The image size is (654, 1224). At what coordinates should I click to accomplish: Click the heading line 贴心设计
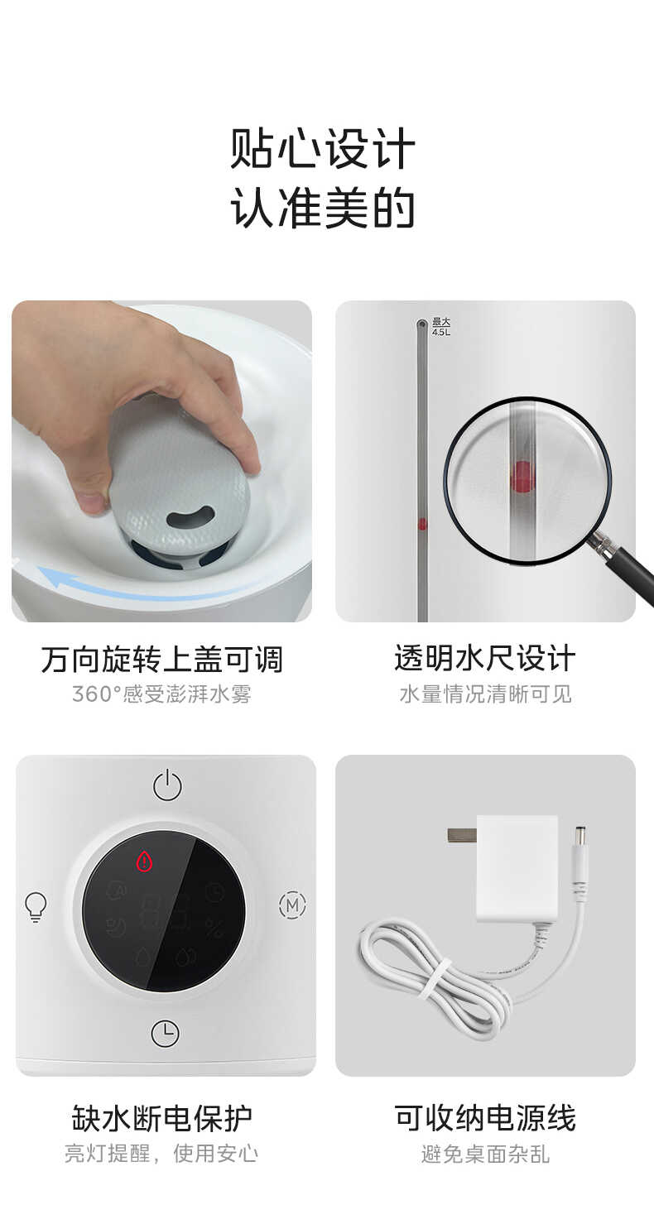click(323, 149)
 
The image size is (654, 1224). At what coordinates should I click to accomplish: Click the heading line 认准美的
click(323, 209)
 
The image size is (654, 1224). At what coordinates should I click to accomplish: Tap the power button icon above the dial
click(167, 785)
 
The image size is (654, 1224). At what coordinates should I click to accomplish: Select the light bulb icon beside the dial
click(36, 906)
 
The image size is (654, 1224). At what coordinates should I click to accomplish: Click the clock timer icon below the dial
click(166, 1033)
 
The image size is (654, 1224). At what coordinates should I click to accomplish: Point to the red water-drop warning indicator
click(146, 862)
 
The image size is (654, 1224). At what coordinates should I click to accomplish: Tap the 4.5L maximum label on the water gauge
click(441, 327)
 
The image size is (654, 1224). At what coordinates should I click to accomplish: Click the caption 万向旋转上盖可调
click(161, 660)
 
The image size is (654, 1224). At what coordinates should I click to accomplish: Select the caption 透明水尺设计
click(484, 659)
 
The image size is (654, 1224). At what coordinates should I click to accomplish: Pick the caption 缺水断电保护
click(161, 1117)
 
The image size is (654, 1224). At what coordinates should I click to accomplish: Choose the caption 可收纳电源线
click(484, 1117)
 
